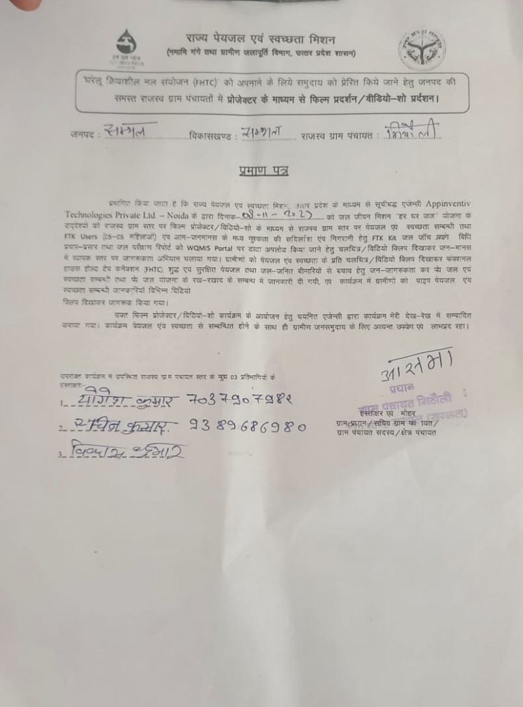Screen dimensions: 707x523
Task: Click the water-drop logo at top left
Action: tap(127, 45)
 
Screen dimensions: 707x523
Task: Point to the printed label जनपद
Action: tap(82, 134)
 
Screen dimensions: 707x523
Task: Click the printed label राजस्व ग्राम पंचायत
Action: tap(337, 136)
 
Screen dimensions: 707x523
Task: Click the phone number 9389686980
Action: tap(247, 427)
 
